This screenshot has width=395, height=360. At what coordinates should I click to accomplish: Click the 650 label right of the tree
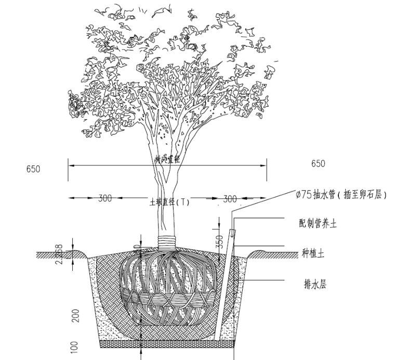pos(319,164)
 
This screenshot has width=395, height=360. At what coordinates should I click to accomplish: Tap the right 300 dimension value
pos(230,198)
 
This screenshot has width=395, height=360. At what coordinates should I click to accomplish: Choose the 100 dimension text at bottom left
pos(74,346)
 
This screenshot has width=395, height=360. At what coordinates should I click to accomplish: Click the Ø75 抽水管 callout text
pos(340,195)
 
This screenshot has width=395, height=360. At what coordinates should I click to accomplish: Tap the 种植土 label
pos(313,254)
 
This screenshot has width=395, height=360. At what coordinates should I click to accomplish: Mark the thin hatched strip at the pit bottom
pos(166,344)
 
